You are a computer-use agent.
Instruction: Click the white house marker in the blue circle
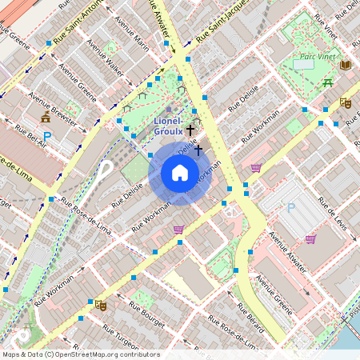click(180, 173)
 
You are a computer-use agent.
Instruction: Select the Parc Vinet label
click(317, 57)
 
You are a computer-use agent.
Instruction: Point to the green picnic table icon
click(328, 82)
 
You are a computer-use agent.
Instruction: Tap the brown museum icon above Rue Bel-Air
click(45, 118)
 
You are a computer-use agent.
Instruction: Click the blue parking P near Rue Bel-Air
click(46, 137)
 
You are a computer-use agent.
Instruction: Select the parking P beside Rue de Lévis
click(291, 208)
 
